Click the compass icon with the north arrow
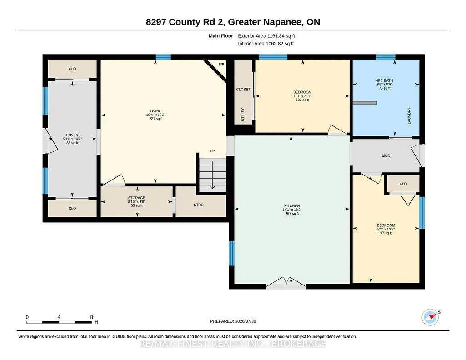coord(430,317)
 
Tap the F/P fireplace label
coord(221,65)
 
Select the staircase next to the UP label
coord(212,175)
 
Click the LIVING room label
coord(156,111)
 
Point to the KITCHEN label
coord(292,206)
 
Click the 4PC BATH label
coord(384,80)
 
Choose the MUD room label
coord(386,155)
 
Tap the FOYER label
coord(72,135)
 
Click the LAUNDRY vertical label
coord(409,116)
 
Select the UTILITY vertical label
coord(243,115)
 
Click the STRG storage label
coord(199,205)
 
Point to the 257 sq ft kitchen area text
coord(292,214)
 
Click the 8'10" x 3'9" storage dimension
coord(137,202)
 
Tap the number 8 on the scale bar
coord(91,317)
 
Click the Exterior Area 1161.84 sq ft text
coord(266,36)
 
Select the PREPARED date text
coord(233,321)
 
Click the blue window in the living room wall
coord(163,57)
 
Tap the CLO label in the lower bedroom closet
coord(403,184)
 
